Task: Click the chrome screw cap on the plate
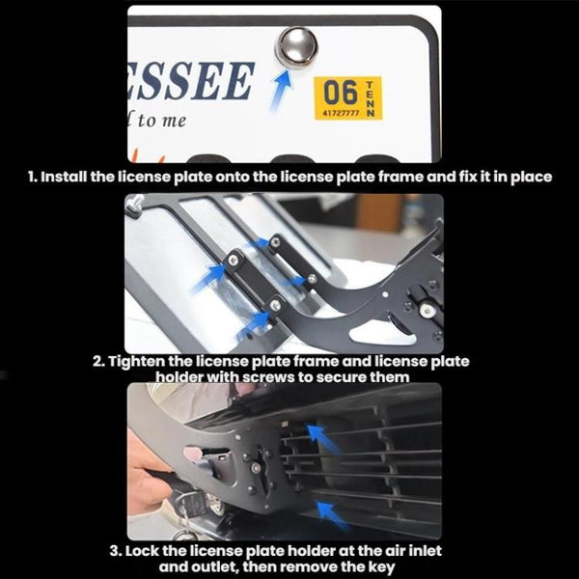(295, 45)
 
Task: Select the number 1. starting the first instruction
(33, 179)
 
